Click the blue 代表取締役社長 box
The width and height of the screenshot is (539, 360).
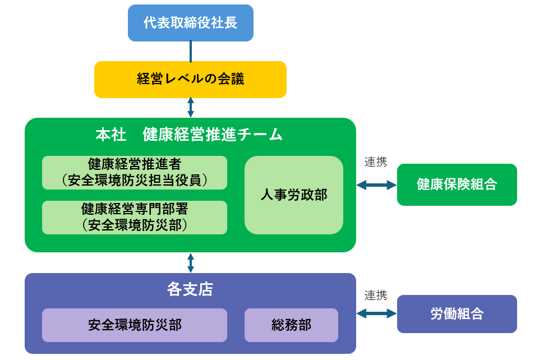click(191, 23)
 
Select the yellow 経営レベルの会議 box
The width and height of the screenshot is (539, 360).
click(190, 80)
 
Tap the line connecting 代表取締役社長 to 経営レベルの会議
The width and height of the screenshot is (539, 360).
click(191, 52)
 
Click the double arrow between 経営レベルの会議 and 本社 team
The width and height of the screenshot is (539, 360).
click(191, 108)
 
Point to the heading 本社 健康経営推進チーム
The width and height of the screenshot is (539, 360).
click(189, 135)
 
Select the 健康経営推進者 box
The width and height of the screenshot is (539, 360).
click(135, 173)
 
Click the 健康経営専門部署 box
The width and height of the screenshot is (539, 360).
click(135, 218)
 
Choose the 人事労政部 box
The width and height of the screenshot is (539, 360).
click(294, 195)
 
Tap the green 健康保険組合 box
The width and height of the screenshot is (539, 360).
click(457, 185)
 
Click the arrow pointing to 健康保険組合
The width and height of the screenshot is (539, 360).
click(376, 185)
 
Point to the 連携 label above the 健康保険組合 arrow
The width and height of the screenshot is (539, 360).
click(376, 162)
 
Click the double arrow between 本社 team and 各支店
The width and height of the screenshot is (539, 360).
click(191, 263)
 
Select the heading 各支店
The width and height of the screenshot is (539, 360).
click(190, 289)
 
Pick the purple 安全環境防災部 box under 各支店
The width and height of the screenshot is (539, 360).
click(135, 325)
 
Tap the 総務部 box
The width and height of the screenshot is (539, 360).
click(291, 325)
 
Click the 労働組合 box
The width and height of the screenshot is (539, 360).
click(457, 314)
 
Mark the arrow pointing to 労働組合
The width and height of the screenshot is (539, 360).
click(376, 313)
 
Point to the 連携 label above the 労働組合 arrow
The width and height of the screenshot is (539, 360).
click(376, 295)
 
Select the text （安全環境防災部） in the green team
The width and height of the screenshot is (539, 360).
click(135, 225)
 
